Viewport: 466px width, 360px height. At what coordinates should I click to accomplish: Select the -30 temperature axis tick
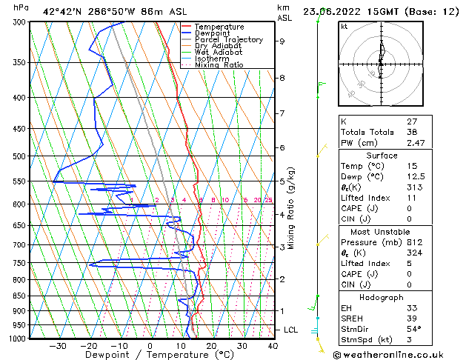click(x=58, y=345)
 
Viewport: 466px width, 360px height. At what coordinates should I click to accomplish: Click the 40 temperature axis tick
click(x=273, y=345)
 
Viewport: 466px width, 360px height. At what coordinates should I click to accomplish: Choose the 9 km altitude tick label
click(x=282, y=41)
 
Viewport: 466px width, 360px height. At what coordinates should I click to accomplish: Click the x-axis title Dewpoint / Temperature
click(x=150, y=355)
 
